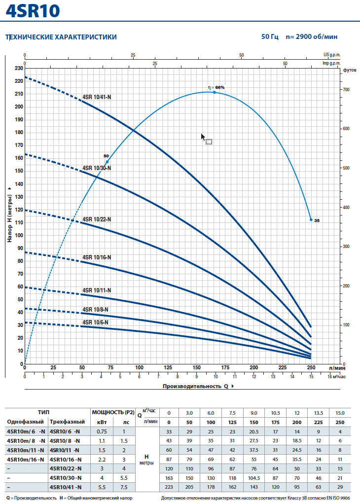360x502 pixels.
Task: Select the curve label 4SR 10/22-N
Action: click(x=97, y=219)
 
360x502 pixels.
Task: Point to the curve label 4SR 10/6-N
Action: click(x=95, y=323)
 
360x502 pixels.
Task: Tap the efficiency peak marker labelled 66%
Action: click(x=214, y=92)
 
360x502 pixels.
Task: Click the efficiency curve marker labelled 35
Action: click(x=311, y=219)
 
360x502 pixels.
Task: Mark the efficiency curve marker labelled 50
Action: click(x=107, y=162)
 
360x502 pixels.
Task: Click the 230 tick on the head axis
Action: click(x=18, y=68)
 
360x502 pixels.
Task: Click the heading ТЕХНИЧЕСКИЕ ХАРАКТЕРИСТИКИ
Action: click(x=61, y=37)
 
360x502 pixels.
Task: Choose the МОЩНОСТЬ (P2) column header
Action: click(x=113, y=412)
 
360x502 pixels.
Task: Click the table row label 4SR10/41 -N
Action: click(x=65, y=487)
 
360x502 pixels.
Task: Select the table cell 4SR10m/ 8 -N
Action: click(x=26, y=440)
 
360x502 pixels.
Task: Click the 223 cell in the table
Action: click(x=169, y=487)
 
